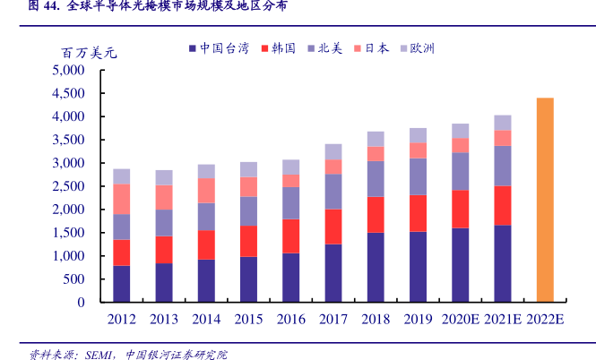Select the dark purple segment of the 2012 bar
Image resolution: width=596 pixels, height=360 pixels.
(121, 283)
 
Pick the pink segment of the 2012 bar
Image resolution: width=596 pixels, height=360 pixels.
(121, 199)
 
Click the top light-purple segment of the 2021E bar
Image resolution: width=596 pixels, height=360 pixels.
(502, 123)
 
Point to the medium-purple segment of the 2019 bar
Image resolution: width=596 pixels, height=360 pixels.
(418, 176)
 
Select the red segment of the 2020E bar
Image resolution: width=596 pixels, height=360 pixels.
(460, 209)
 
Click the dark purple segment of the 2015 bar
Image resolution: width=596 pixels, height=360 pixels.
(248, 279)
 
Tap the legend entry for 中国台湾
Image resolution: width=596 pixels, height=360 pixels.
(219, 47)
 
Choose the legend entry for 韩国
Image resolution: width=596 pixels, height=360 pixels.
(277, 47)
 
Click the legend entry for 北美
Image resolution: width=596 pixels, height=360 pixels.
(324, 47)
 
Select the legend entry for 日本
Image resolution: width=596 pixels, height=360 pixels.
(372, 47)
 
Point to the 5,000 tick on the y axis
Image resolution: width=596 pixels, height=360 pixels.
(68, 70)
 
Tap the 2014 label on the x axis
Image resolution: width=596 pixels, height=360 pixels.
(206, 319)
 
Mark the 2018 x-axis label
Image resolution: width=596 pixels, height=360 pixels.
(376, 319)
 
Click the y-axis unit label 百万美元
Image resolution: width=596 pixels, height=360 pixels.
(89, 53)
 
